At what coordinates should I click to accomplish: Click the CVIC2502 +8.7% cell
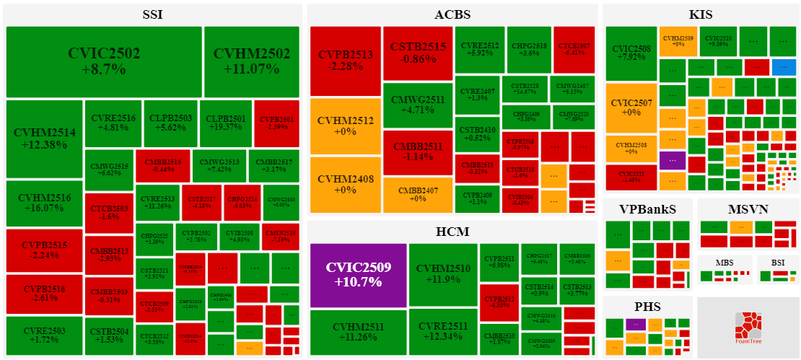(104, 62)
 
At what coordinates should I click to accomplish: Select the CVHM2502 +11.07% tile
(251, 62)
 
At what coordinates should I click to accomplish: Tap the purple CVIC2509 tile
(358, 275)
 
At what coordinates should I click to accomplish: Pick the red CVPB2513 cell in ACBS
(346, 61)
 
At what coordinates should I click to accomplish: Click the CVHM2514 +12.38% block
(44, 139)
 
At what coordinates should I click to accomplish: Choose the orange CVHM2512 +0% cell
(346, 126)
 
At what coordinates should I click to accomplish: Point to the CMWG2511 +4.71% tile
(418, 105)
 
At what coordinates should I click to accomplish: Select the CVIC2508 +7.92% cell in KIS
(631, 53)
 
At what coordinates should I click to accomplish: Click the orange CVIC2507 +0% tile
(631, 107)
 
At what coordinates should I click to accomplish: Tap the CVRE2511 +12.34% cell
(443, 332)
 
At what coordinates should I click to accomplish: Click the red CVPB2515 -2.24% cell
(44, 250)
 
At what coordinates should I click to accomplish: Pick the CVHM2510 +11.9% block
(443, 275)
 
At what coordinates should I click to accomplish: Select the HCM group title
(452, 232)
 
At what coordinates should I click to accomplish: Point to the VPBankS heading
(647, 209)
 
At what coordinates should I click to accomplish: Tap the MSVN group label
(748, 209)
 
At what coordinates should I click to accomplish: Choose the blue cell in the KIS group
(784, 67)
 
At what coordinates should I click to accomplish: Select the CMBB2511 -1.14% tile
(418, 152)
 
